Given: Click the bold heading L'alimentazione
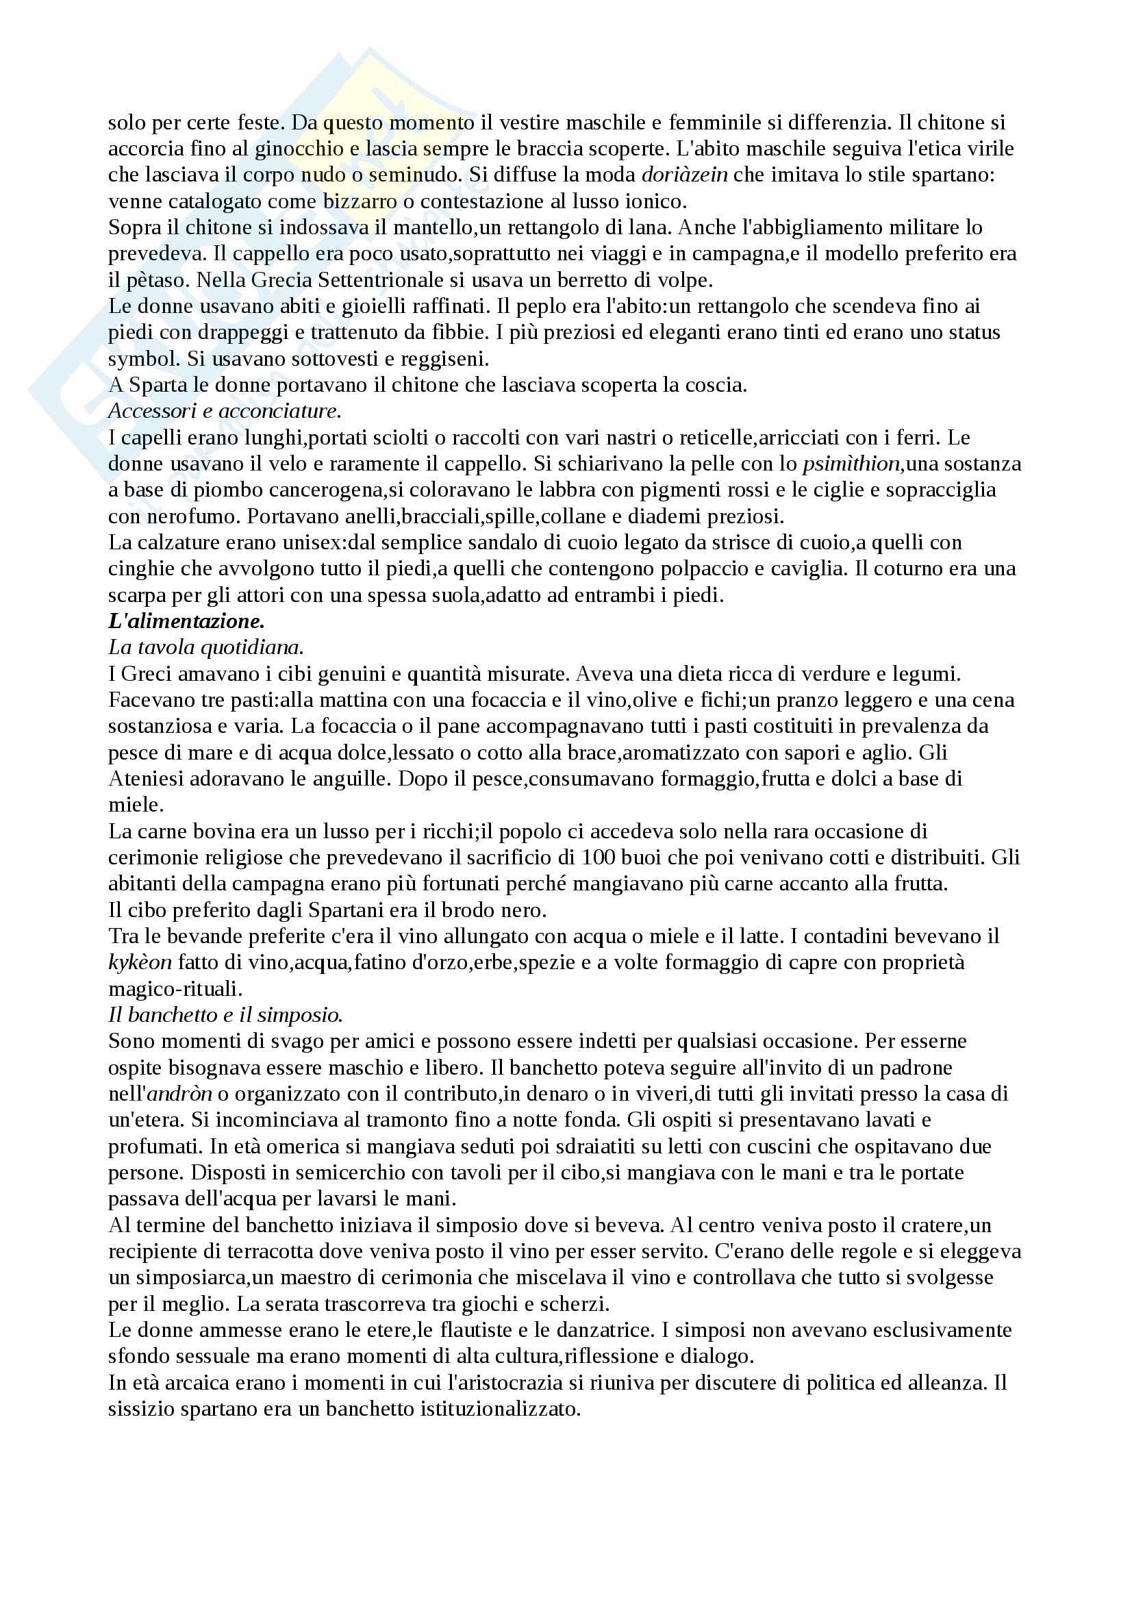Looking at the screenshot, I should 186,621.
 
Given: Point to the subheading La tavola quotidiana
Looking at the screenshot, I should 205,647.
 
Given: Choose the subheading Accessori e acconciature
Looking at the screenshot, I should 225,411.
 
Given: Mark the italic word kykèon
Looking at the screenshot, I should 140,962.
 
